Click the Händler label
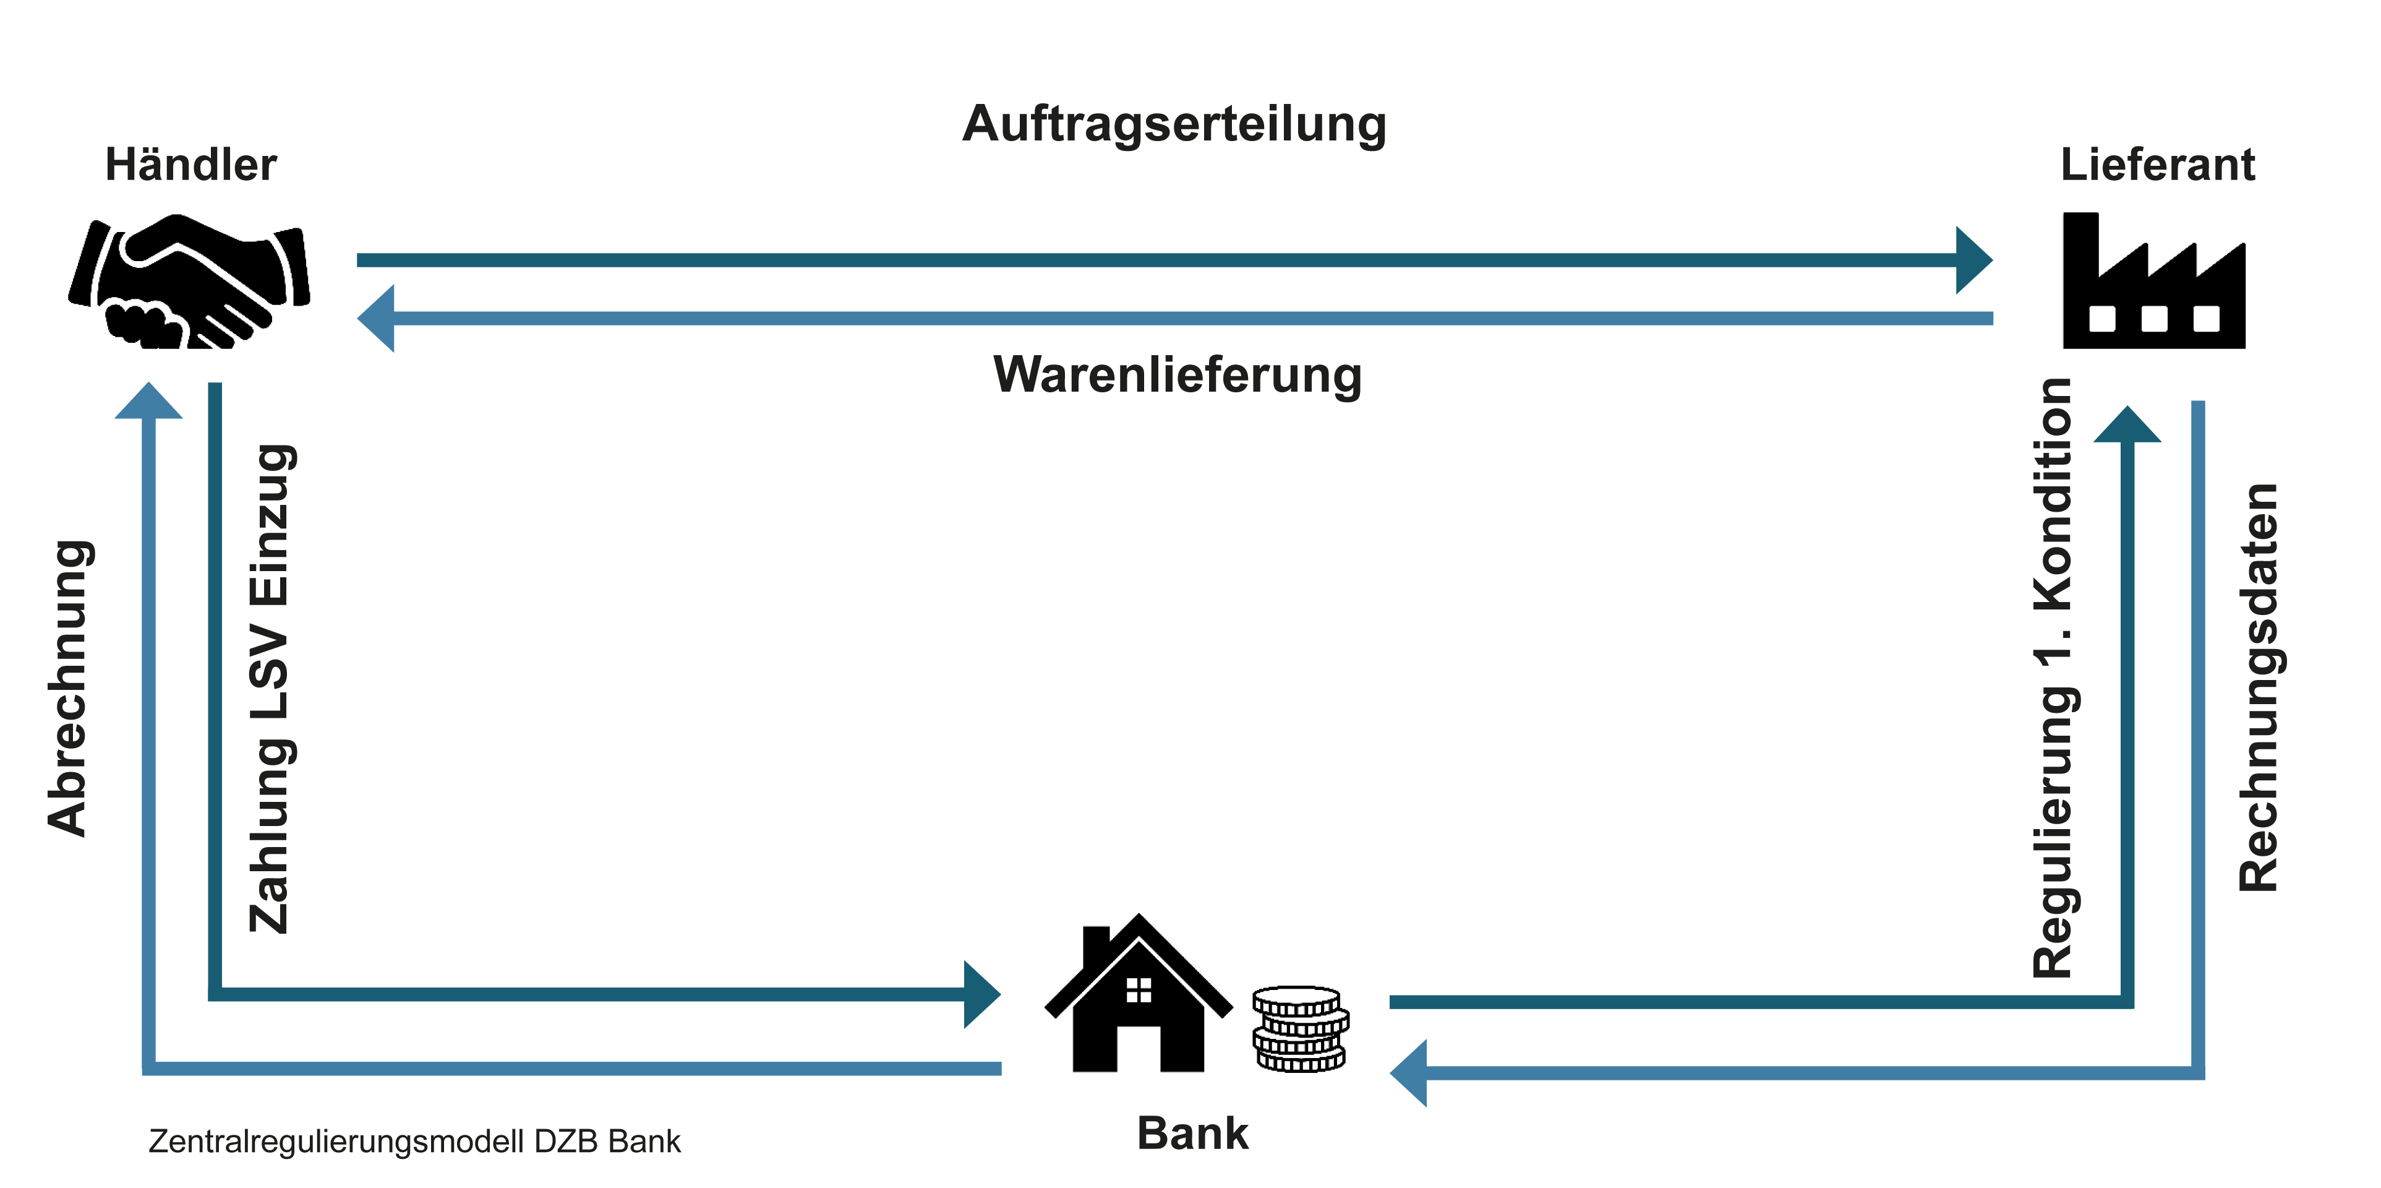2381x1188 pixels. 190,165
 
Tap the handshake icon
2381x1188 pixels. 189,282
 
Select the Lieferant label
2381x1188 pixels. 2157,165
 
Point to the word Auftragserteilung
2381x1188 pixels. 1174,124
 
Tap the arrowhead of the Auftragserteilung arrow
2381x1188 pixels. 1973,260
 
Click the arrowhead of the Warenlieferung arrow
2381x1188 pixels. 376,318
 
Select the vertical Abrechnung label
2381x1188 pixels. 69,688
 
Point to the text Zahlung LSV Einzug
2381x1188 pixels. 271,688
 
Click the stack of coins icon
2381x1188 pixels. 1299,1029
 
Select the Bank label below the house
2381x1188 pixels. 1192,1134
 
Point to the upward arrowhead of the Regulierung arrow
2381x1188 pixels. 2127,424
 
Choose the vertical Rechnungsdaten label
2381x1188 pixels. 2258,688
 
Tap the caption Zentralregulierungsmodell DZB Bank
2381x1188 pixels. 414,1142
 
